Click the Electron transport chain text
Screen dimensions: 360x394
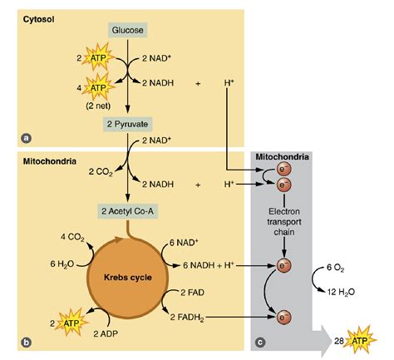coord(284,221)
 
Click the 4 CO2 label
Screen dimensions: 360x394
coord(73,236)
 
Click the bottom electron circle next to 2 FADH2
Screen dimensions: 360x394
coord(283,318)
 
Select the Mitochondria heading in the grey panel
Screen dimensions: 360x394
coord(283,157)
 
